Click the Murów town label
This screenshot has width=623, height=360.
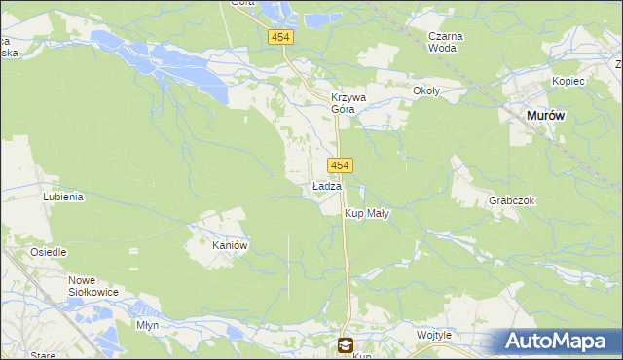(x=545, y=115)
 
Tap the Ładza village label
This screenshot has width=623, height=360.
(x=326, y=186)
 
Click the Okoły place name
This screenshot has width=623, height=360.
(x=426, y=91)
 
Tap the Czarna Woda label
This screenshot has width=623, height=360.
(x=446, y=42)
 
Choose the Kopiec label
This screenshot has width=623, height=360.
(x=568, y=81)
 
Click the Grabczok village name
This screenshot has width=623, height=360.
(x=512, y=200)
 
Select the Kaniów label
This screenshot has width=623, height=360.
(x=232, y=246)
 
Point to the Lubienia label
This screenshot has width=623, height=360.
(x=63, y=197)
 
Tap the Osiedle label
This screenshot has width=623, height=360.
(x=48, y=252)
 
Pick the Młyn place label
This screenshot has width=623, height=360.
(x=148, y=325)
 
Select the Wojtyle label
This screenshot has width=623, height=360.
(x=434, y=335)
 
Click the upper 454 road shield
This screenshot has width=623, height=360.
(x=281, y=37)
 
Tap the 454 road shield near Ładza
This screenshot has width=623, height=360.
(x=340, y=164)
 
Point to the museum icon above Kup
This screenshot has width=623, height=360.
(x=345, y=344)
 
